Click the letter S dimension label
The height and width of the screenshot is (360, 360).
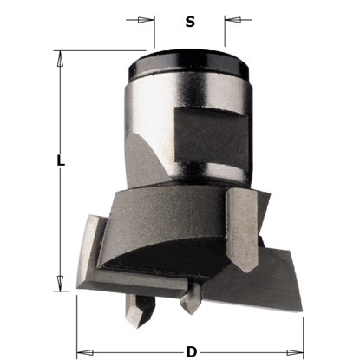tap(190, 22)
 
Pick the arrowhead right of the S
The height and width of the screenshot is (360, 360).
tap(231, 18)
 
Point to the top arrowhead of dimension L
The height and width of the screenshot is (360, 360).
tap(60, 58)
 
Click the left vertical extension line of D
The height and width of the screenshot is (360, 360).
tap(78, 321)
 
